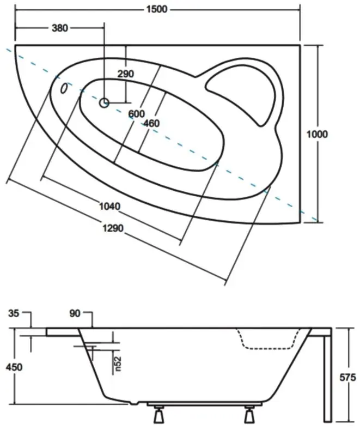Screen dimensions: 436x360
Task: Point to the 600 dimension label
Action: pos(136,114)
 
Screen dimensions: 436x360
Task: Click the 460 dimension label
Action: pos(151,124)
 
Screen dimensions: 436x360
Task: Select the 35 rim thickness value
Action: pos(14,313)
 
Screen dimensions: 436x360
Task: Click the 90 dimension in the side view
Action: pos(76,313)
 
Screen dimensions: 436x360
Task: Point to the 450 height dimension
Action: pos(14,367)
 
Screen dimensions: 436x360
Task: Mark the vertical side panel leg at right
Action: pos(327,376)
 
